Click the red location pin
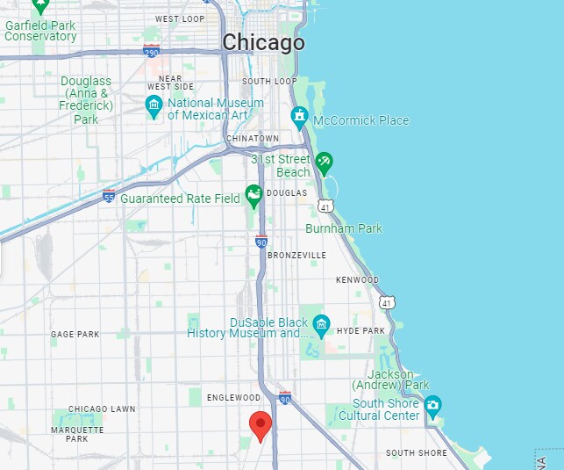(261, 425)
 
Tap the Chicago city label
(263, 42)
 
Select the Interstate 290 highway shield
(151, 51)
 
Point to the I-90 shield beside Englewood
(285, 397)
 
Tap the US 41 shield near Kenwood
(387, 301)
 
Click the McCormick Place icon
(299, 116)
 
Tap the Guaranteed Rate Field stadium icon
(253, 194)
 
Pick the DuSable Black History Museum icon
(321, 327)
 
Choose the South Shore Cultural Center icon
(432, 404)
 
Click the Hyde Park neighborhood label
(361, 331)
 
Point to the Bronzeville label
(296, 255)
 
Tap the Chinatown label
(252, 139)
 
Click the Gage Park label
(75, 335)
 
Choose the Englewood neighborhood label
(234, 398)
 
